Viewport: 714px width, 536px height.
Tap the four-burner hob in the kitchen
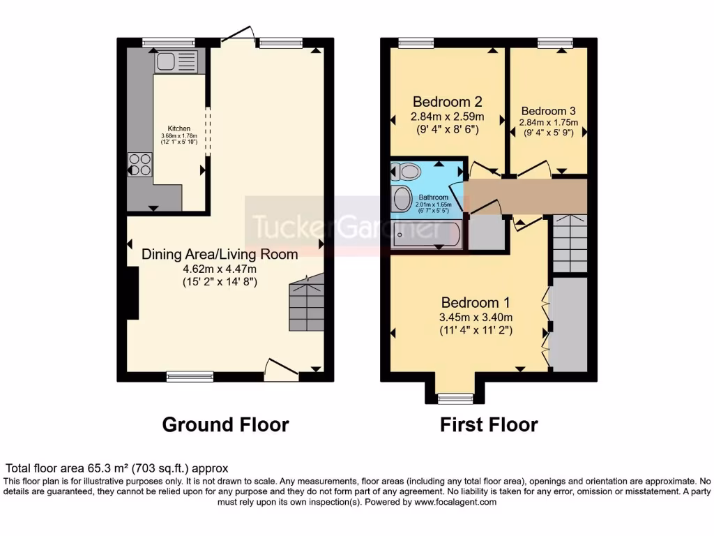139,165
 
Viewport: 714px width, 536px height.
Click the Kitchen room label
178,128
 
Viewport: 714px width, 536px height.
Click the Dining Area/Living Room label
220,254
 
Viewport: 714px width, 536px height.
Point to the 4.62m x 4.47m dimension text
220,269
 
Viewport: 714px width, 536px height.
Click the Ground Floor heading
225,424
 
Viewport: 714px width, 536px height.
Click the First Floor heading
489,424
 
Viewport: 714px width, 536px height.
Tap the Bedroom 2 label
447,101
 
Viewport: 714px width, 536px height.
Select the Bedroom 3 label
548,111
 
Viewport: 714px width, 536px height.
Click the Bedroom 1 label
476,303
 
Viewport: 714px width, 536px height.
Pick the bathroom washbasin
402,199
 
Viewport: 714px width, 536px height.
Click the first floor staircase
570,244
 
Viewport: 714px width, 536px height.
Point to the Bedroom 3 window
555,42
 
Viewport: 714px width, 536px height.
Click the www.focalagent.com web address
455,502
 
